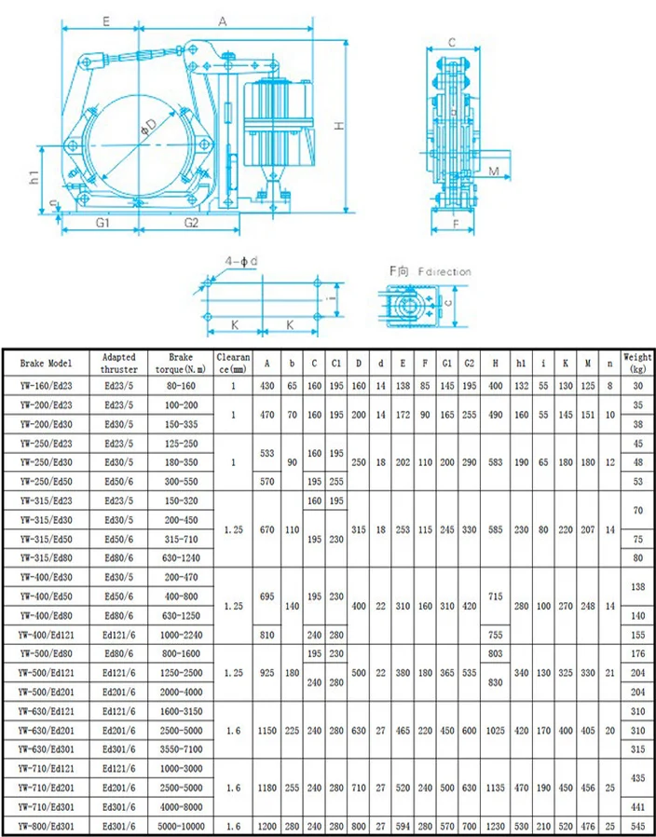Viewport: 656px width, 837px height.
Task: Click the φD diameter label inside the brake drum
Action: (149, 127)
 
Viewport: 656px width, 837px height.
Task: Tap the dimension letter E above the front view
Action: (105, 21)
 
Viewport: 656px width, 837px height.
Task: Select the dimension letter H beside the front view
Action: (339, 126)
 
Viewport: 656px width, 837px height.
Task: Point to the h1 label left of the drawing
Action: (34, 177)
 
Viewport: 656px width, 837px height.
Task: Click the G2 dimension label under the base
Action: (191, 223)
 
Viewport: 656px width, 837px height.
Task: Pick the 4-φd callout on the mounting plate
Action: (240, 262)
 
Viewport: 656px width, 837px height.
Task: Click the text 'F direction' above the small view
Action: (444, 272)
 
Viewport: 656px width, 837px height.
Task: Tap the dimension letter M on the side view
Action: (494, 171)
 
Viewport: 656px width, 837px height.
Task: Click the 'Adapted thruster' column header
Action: (118, 363)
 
